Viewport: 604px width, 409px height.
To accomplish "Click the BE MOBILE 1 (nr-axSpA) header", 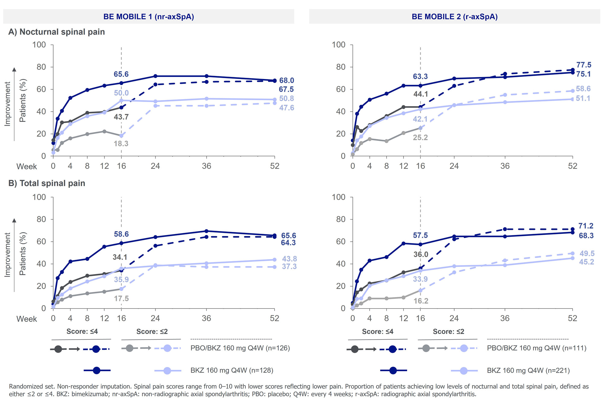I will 149,17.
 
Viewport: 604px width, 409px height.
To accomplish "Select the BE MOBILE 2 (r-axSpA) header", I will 455,17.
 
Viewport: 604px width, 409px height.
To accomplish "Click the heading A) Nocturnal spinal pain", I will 56,32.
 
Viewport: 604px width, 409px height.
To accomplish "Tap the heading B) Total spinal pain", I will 47,183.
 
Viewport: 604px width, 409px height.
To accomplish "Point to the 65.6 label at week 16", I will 121,74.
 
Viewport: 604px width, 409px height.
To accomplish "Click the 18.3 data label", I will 121,144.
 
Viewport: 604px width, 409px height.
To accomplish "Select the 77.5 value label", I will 584,65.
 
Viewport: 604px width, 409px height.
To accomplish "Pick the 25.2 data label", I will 420,138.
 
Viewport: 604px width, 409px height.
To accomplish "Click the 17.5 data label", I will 121,299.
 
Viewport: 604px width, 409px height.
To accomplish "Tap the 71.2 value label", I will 586,226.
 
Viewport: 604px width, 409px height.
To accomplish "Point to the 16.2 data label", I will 421,301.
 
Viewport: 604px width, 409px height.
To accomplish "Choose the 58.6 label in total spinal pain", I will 121,234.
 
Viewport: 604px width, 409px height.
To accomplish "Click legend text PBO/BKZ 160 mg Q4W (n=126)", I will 240,348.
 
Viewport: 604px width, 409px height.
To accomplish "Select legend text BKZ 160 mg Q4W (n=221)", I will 528,370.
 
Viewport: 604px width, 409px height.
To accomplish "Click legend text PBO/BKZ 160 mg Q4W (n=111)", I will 537,348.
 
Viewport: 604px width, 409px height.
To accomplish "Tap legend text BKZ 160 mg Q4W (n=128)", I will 232,370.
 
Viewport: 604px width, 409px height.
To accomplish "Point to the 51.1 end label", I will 583,98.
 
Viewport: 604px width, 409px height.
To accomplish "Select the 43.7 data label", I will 121,117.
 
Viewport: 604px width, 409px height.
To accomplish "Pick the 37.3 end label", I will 289,267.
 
